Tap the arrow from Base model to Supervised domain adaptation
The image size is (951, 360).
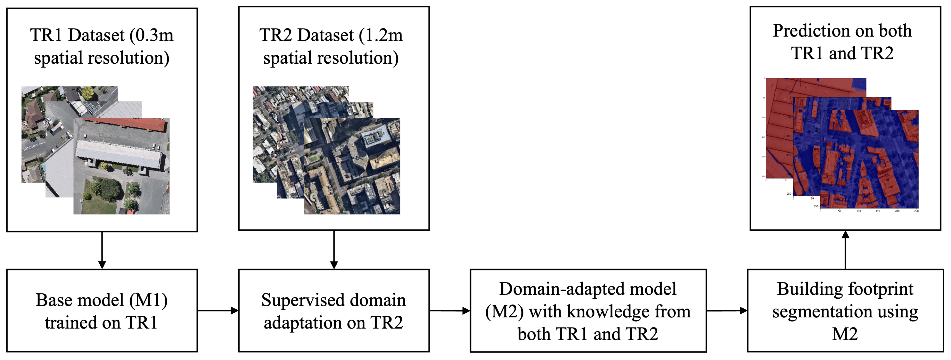click(x=218, y=311)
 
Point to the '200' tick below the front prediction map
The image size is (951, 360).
click(x=897, y=211)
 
